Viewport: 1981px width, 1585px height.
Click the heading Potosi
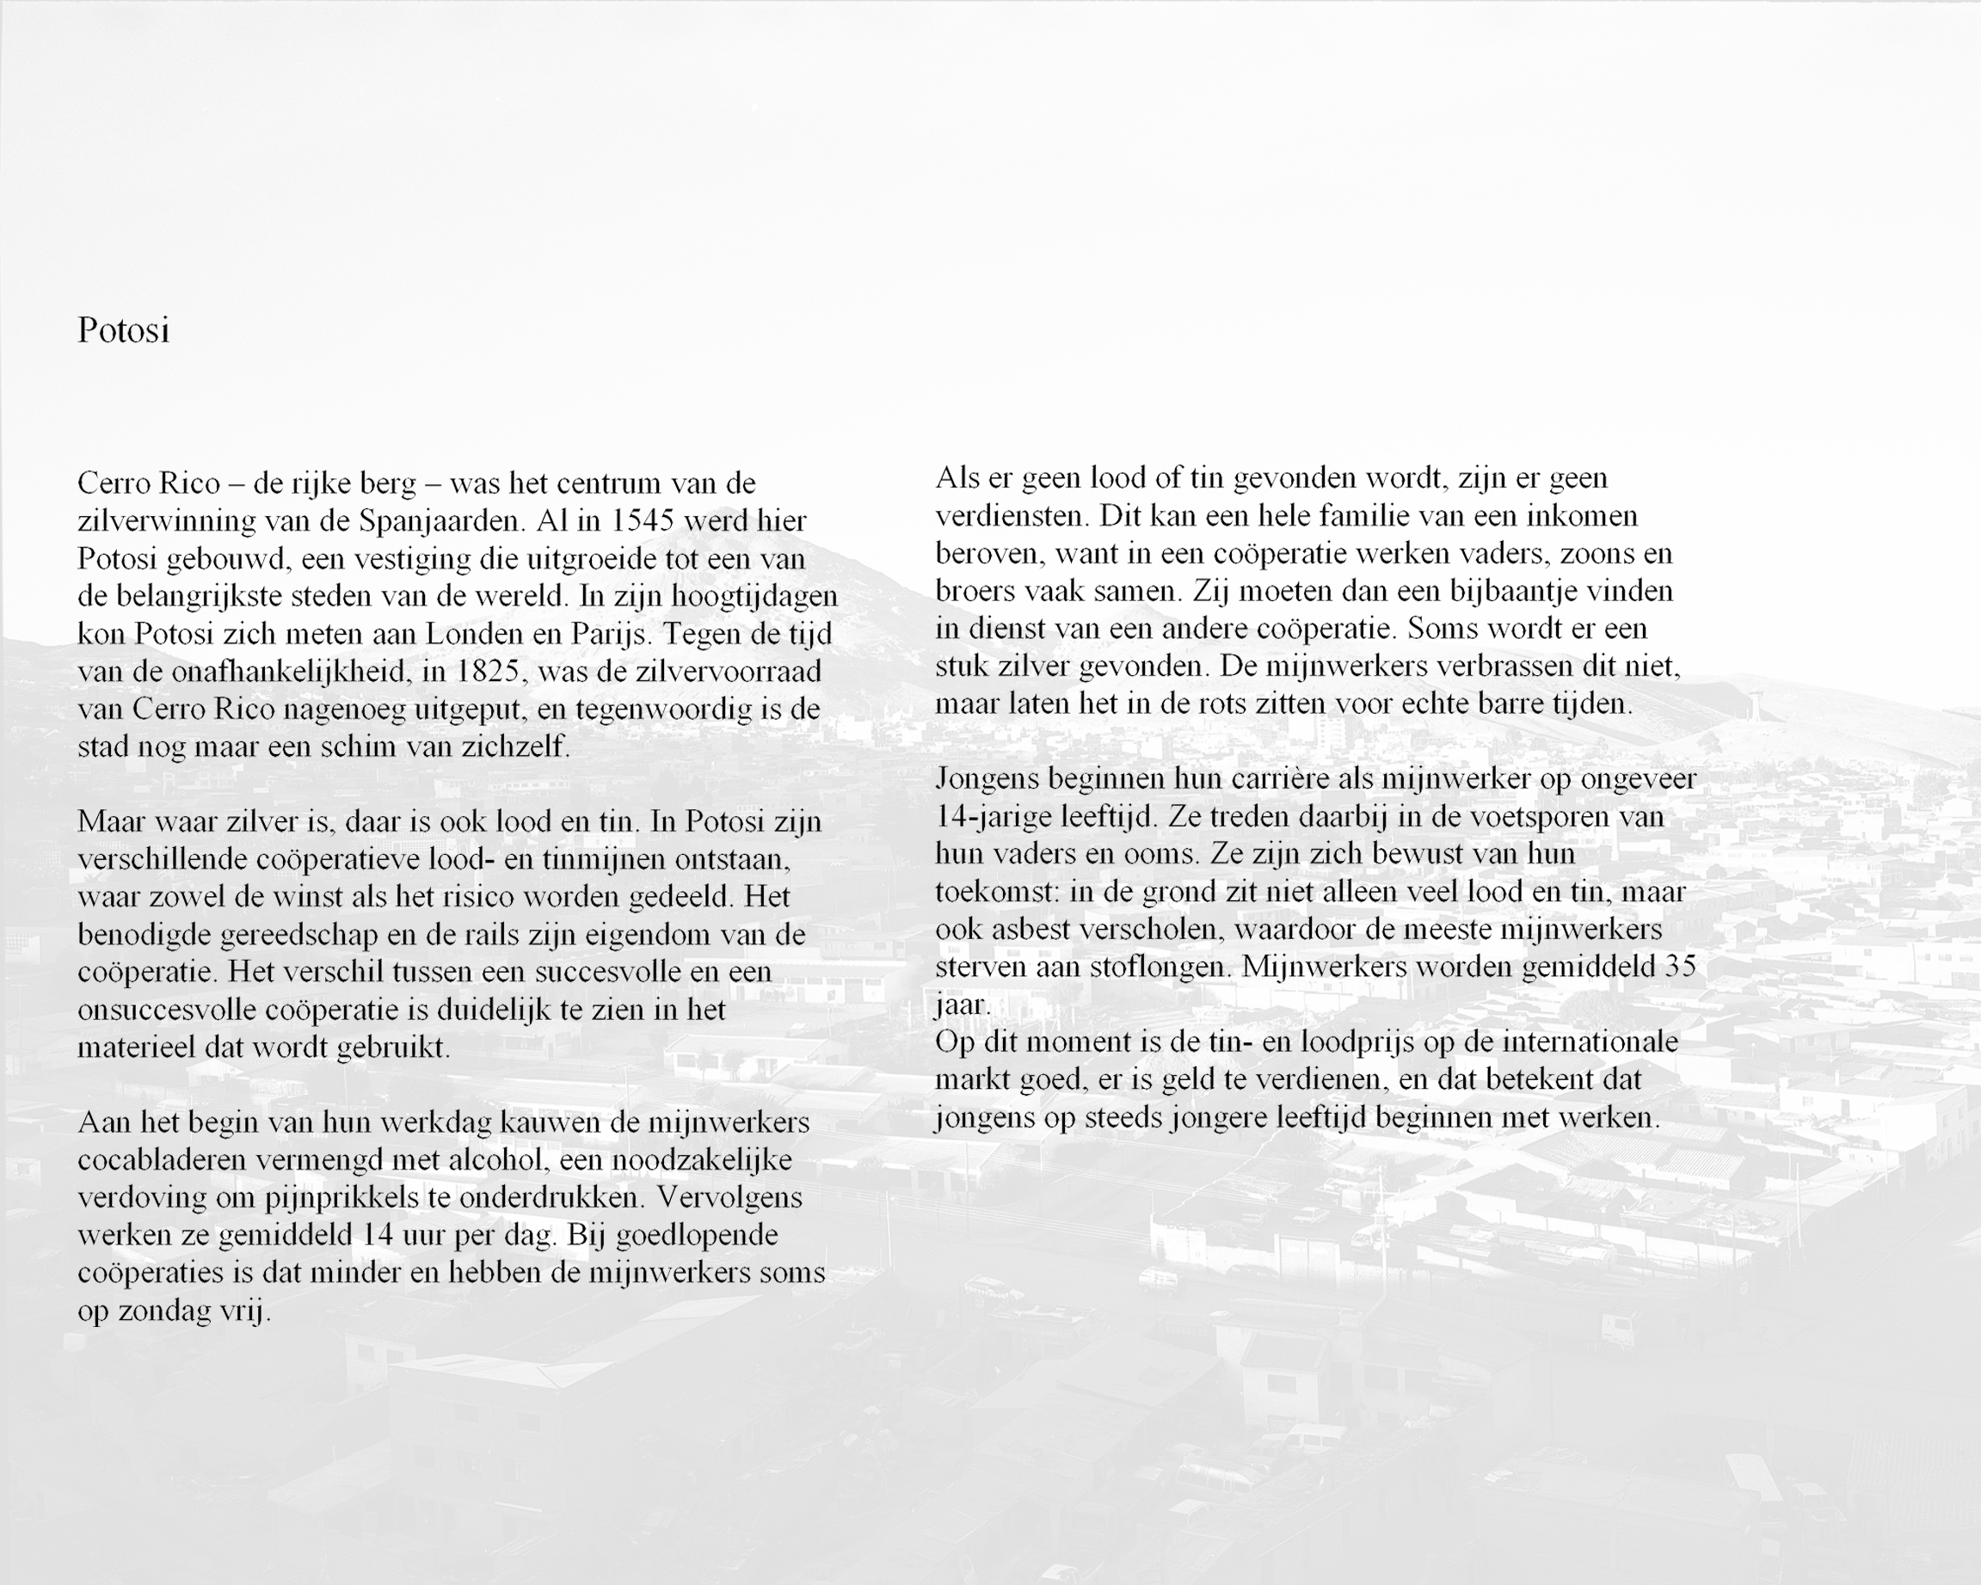click(x=123, y=330)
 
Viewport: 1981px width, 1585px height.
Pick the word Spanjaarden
click(x=441, y=522)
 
